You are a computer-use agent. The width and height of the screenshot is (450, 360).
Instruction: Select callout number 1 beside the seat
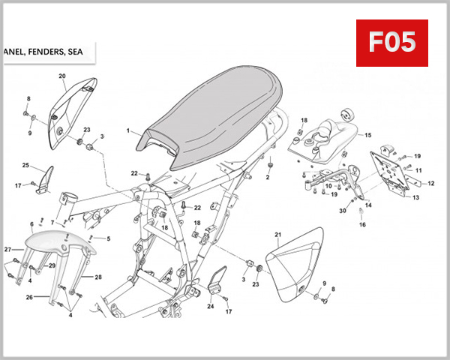(128, 131)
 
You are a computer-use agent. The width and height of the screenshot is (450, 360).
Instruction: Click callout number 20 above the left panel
(62, 76)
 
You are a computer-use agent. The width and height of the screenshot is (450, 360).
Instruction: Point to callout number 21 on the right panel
(277, 235)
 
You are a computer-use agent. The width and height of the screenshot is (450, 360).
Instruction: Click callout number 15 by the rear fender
(367, 136)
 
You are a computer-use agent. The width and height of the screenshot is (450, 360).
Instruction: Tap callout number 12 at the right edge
(430, 183)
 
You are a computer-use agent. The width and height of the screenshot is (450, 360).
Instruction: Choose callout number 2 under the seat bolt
(267, 178)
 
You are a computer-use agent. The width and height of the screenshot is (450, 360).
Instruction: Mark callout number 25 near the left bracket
(25, 165)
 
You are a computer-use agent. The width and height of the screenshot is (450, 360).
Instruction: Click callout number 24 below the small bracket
(210, 306)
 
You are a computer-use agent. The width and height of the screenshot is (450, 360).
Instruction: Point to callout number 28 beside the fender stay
(97, 277)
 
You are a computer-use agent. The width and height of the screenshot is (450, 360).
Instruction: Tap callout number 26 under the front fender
(29, 297)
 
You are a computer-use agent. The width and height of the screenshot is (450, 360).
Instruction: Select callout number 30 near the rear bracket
(342, 211)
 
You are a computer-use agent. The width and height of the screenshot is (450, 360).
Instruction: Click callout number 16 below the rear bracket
(361, 224)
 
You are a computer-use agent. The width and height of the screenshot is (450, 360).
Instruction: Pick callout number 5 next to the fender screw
(108, 239)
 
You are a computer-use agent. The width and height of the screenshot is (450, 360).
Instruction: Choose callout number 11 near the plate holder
(418, 170)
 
